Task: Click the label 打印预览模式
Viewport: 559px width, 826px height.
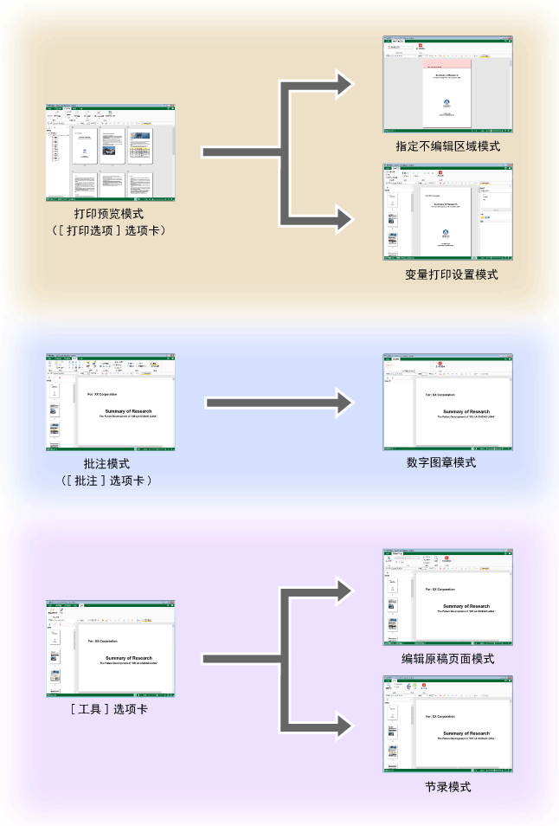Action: [109, 213]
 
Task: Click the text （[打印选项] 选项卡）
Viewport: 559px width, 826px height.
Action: [109, 230]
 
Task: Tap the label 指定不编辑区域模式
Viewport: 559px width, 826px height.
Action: [447, 146]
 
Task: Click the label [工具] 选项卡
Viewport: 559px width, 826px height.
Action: [108, 708]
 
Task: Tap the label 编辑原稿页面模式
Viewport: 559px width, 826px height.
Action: [447, 659]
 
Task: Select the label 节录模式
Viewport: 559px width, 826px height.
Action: [447, 787]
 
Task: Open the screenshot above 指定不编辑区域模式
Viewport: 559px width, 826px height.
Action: [447, 84]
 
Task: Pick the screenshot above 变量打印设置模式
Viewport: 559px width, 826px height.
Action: [448, 212]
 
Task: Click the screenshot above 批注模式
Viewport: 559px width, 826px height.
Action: [110, 402]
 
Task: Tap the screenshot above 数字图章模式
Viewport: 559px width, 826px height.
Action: [448, 402]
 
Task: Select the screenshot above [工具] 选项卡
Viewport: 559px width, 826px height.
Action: [110, 649]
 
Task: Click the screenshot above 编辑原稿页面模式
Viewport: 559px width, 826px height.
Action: [448, 597]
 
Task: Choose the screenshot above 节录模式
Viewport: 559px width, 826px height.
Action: [448, 725]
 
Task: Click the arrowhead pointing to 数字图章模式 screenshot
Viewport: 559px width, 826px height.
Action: [344, 403]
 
